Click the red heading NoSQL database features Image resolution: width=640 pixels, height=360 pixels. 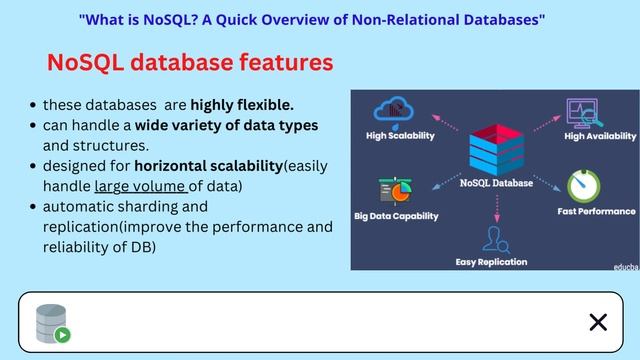tap(189, 63)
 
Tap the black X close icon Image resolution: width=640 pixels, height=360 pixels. tap(598, 321)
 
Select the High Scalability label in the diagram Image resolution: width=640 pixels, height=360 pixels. tap(400, 136)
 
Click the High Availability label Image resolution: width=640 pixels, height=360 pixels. tap(600, 136)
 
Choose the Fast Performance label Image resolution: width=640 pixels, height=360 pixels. tap(596, 211)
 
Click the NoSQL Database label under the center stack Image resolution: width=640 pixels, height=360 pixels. tap(496, 183)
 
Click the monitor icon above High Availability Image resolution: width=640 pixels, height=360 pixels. tap(582, 111)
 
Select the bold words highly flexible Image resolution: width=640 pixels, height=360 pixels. tap(242, 105)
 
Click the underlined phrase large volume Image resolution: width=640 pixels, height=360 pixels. tap(140, 185)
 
